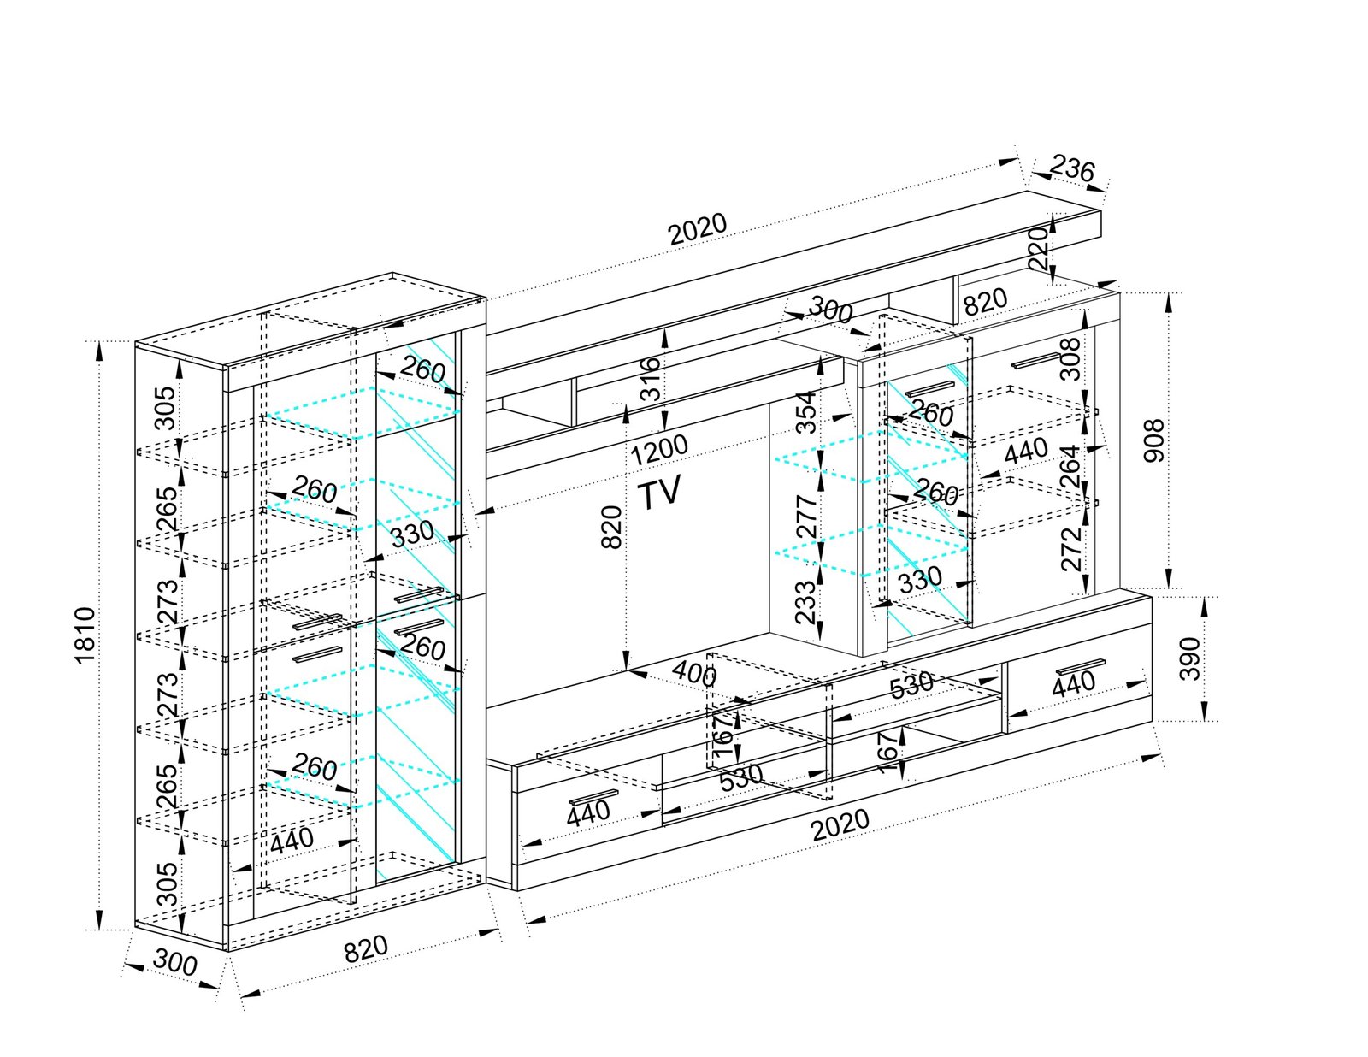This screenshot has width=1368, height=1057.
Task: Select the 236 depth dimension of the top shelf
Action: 1071,168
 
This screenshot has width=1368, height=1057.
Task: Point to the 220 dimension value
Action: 1040,248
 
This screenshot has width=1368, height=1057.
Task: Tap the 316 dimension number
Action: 652,379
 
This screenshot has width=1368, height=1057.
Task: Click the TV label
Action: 660,493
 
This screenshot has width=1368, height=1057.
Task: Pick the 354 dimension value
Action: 805,413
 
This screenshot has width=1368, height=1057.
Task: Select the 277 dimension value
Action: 805,516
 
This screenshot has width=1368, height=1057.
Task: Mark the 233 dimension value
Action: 805,602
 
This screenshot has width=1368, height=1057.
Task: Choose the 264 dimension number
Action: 1070,467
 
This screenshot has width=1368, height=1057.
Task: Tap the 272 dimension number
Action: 1071,549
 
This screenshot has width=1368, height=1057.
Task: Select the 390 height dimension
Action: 1189,658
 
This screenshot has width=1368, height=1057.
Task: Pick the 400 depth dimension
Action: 693,674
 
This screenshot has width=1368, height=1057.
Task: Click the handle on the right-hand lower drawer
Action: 1081,666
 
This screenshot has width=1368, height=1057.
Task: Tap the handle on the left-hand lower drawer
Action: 593,797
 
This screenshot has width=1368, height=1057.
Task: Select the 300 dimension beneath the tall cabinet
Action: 175,963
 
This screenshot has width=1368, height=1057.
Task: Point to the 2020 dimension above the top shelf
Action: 697,228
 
